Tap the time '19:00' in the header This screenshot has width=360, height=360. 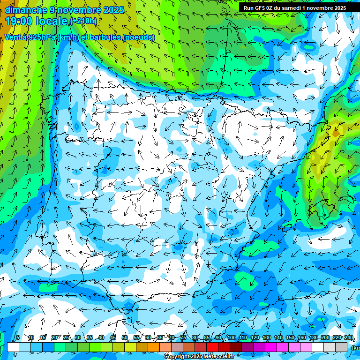[21, 21]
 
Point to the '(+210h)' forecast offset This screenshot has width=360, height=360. [83, 21]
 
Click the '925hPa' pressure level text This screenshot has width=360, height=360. [38, 37]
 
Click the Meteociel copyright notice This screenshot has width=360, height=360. [199, 357]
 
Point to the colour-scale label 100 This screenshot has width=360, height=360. [231, 338]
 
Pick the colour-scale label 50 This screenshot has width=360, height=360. [125, 338]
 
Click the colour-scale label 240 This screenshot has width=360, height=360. [348, 338]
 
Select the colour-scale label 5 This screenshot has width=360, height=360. [18, 338]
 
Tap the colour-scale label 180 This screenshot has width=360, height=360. [313, 338]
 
